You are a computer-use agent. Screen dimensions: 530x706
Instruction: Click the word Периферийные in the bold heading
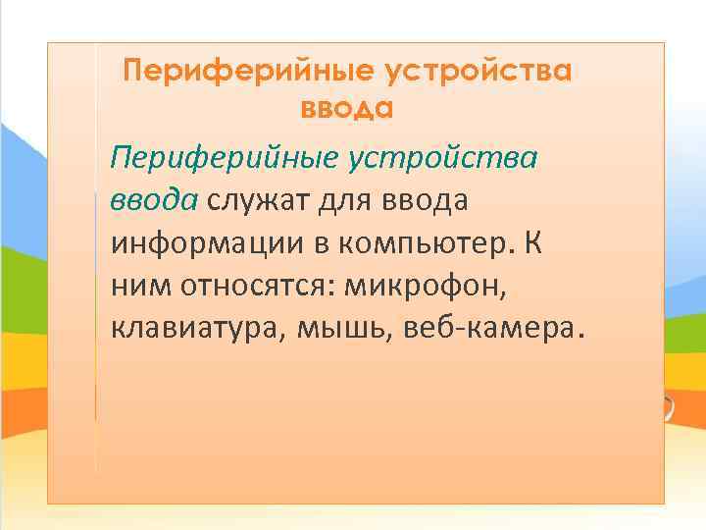coord(248,71)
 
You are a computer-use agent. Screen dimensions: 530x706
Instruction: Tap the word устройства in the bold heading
coord(479,71)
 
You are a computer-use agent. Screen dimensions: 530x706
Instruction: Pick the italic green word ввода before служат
coord(153,200)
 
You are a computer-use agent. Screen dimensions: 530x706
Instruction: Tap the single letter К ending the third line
coord(532,241)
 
